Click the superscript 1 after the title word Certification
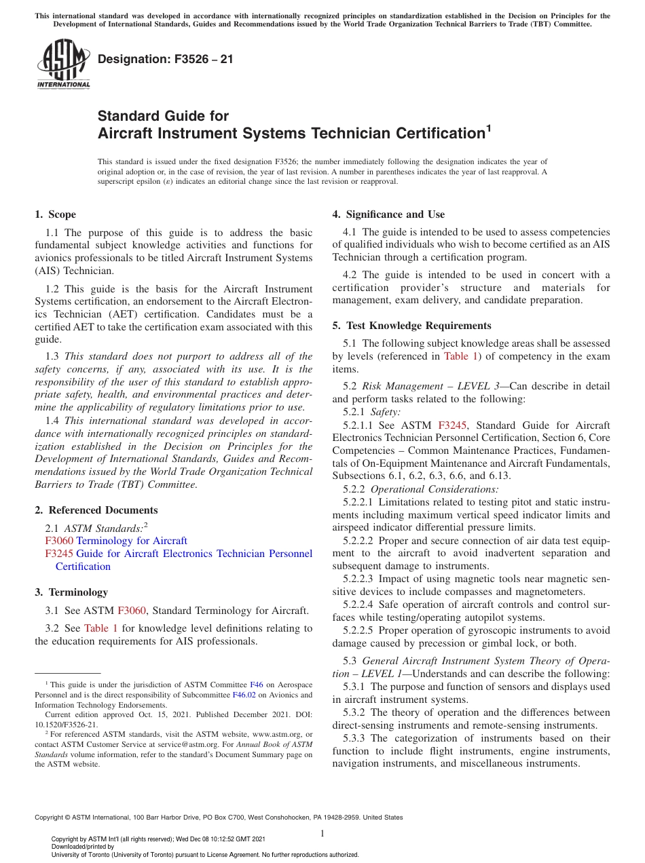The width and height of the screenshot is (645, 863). coord(488,126)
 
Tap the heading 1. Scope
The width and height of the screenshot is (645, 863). coord(56,214)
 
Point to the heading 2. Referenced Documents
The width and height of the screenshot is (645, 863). coord(96,510)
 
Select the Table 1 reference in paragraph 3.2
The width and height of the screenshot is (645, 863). coord(100,628)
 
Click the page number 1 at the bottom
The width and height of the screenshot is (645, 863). coord(322,834)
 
